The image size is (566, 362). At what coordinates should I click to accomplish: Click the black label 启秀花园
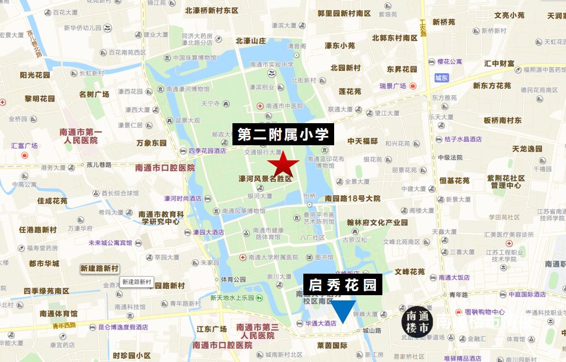pyautogui.click(x=343, y=285)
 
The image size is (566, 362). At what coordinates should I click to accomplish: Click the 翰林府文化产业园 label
pyautogui.click(x=378, y=222)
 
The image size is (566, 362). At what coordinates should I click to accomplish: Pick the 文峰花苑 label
pyautogui.click(x=410, y=271)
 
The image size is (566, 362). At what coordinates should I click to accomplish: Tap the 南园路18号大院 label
pyautogui.click(x=353, y=198)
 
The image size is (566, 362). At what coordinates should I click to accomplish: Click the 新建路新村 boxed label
pyautogui.click(x=99, y=268)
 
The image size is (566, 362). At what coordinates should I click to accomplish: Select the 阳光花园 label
pyautogui.click(x=37, y=75)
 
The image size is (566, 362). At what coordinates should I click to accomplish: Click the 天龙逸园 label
pyautogui.click(x=527, y=149)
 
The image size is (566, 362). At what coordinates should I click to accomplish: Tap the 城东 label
pyautogui.click(x=441, y=78)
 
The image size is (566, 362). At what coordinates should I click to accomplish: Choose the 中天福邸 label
pyautogui.click(x=363, y=141)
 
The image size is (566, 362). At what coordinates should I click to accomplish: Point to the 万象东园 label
pyautogui.click(x=152, y=142)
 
